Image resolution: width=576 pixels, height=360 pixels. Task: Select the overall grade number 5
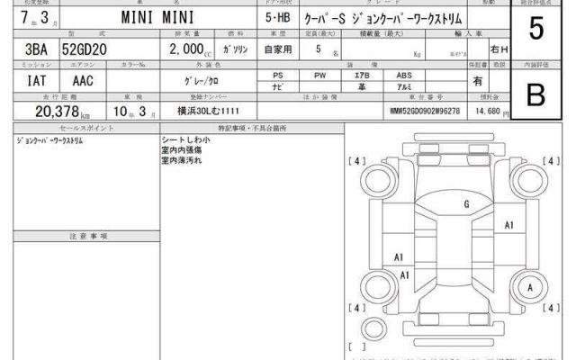[536, 30]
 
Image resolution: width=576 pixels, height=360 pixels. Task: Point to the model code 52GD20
[86, 50]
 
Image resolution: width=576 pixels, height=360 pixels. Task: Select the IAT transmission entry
[25, 80]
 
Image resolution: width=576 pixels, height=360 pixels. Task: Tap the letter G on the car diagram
[466, 205]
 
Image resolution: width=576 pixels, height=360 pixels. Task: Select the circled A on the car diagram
[529, 285]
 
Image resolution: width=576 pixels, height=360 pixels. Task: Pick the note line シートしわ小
[185, 141]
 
